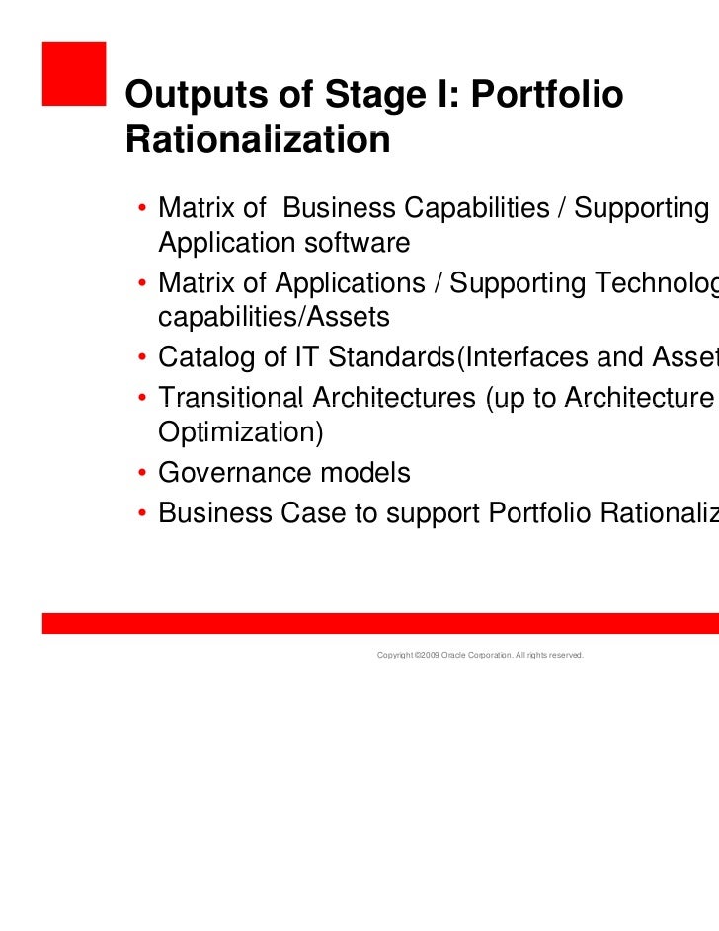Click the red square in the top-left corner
coord(73,72)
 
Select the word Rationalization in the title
coord(258,140)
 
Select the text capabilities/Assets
coord(274,317)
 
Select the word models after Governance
coord(361,473)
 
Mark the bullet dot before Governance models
coord(144,475)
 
